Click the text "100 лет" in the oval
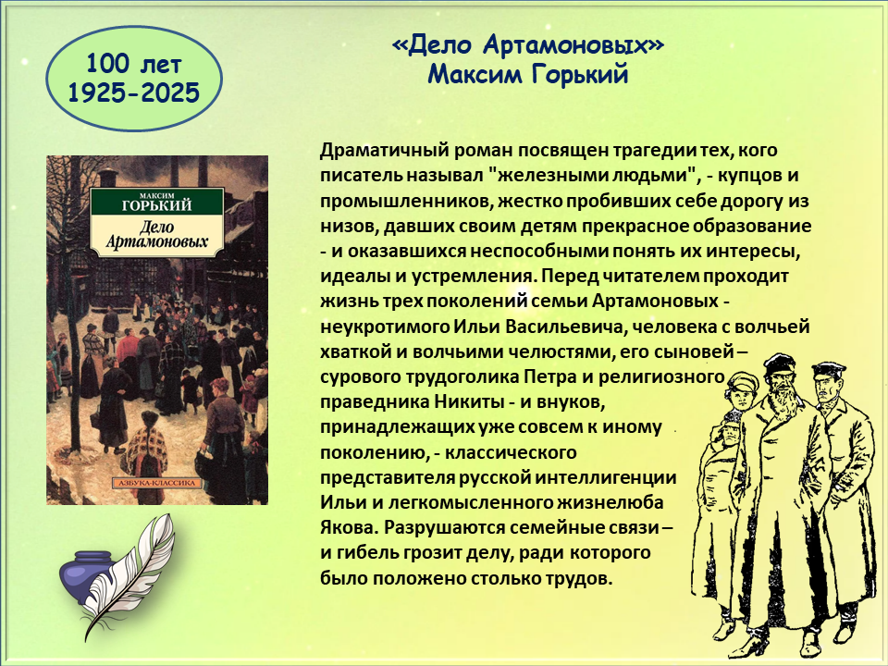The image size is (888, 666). click(x=133, y=64)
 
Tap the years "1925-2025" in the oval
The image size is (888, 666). click(x=133, y=92)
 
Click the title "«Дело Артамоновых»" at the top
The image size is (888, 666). click(x=527, y=45)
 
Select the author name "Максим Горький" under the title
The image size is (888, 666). click(x=527, y=74)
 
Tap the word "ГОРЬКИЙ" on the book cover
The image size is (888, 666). click(x=157, y=205)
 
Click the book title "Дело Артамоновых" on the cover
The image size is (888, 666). click(x=157, y=234)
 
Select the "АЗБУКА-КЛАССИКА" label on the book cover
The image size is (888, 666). click(x=157, y=483)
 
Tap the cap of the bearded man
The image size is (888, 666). click(x=778, y=362)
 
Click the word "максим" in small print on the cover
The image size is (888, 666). click(x=156, y=195)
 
